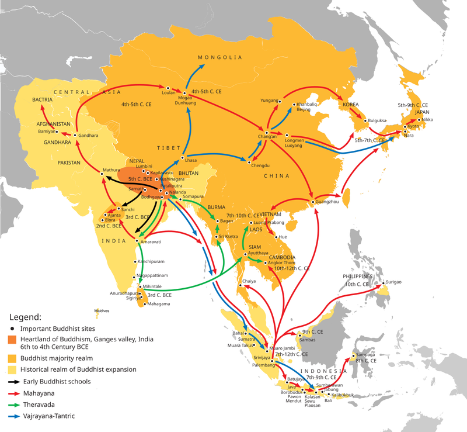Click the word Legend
tap(25, 317)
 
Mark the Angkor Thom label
tap(281, 264)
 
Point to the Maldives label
tap(102, 311)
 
